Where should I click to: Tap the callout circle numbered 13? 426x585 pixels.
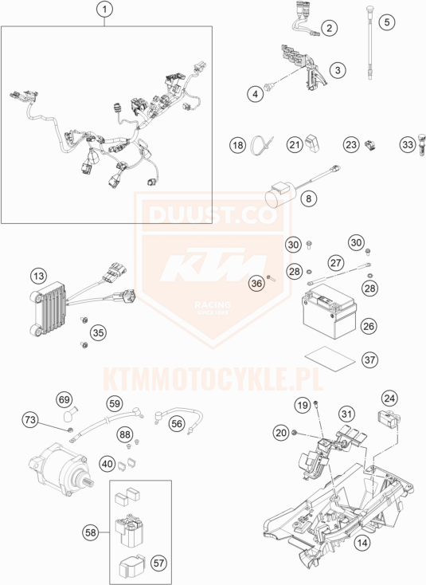click(39, 276)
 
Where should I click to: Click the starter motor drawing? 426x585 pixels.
click(61, 468)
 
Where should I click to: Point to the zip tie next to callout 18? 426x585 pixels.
click(261, 146)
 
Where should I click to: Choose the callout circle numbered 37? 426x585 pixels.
click(369, 360)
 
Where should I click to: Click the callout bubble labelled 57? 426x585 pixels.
click(158, 563)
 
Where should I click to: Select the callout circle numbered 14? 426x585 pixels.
click(362, 542)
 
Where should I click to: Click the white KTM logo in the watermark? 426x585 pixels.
click(213, 266)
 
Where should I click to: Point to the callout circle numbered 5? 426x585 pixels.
click(387, 22)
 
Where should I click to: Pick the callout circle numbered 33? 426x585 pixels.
click(408, 144)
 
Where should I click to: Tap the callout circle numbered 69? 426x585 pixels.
click(64, 399)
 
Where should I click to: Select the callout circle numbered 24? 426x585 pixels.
click(389, 399)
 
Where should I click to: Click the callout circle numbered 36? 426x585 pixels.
click(256, 284)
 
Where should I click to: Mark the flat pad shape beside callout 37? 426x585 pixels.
click(330, 358)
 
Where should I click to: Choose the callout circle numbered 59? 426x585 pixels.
click(115, 403)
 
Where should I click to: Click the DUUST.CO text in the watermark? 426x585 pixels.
click(213, 214)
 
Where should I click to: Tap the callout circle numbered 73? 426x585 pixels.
click(29, 420)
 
